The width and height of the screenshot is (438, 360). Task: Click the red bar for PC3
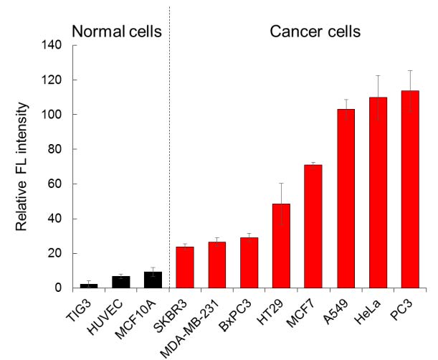coord(410,189)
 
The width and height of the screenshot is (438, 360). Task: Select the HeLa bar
coord(378,193)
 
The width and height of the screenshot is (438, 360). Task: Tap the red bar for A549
coord(346,199)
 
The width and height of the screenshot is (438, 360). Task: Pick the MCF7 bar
coord(313,227)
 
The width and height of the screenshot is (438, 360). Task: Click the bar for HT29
coord(281,246)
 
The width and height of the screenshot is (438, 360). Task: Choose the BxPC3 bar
coord(249,262)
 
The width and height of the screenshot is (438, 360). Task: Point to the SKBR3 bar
coord(185,267)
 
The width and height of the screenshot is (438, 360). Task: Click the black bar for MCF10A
coord(153,280)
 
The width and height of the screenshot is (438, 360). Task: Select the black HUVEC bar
coord(121,282)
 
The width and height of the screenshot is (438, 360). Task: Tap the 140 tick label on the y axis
coord(52,44)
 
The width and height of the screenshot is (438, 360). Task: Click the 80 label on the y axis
coord(54,149)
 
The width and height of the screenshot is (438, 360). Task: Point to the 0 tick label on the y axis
coord(58,288)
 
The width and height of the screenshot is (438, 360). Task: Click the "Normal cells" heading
coord(117,31)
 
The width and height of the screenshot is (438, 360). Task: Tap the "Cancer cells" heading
coord(315,32)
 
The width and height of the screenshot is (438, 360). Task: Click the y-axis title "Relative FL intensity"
coord(22,166)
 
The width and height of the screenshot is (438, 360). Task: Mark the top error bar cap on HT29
coord(281,183)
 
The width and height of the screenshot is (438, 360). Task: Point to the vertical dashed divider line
coord(170,147)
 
